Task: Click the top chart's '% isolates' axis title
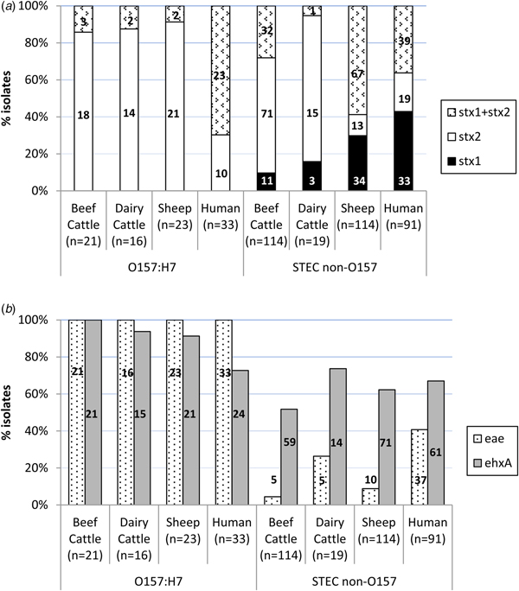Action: coord(11,98)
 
